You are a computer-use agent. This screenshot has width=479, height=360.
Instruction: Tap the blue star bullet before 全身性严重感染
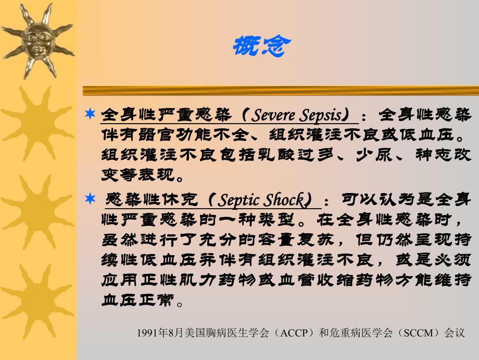pyautogui.click(x=91, y=113)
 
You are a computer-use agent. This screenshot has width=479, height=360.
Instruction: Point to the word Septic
pyautogui.click(x=238, y=200)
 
